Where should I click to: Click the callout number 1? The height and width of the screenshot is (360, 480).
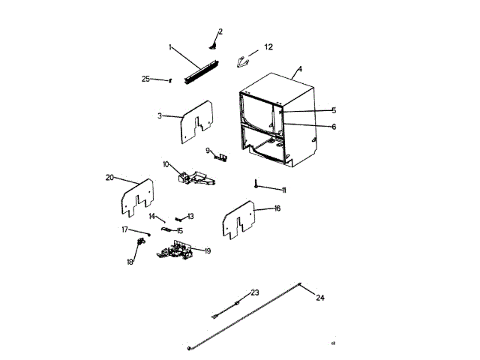170,47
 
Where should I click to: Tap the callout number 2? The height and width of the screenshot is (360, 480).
220,31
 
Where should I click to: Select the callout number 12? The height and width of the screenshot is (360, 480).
268,47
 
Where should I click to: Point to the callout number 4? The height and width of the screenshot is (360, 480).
299,69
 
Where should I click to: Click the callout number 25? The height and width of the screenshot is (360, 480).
145,79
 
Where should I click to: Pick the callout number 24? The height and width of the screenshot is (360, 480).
320,298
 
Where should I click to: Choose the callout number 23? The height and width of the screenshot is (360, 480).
254,292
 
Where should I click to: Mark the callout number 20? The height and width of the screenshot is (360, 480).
109,178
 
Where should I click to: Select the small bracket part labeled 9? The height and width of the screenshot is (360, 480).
220,157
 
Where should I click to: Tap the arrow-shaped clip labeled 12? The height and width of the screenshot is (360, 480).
241,61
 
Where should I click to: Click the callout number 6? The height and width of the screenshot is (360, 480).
334,127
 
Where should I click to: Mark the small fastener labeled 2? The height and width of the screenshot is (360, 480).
214,45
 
